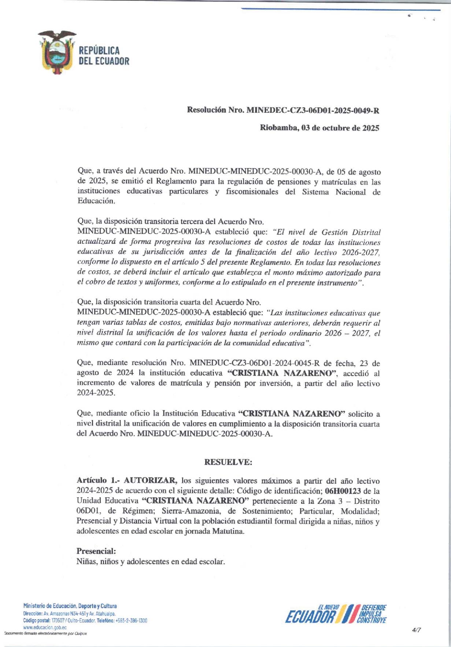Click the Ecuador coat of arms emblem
click(x=57, y=52)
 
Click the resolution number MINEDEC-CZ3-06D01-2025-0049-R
click(x=313, y=110)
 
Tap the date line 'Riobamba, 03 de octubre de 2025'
click(x=319, y=128)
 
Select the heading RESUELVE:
click(x=228, y=462)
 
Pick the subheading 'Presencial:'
click(x=96, y=551)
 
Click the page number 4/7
click(x=416, y=630)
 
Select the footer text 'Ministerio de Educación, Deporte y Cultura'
click(x=70, y=606)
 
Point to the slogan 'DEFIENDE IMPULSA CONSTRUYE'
click(x=373, y=614)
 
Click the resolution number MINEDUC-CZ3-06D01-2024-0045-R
click(x=255, y=363)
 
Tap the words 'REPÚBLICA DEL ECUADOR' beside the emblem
click(x=104, y=56)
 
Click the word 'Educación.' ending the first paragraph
click(x=96, y=201)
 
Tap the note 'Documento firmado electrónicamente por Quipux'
click(x=45, y=634)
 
